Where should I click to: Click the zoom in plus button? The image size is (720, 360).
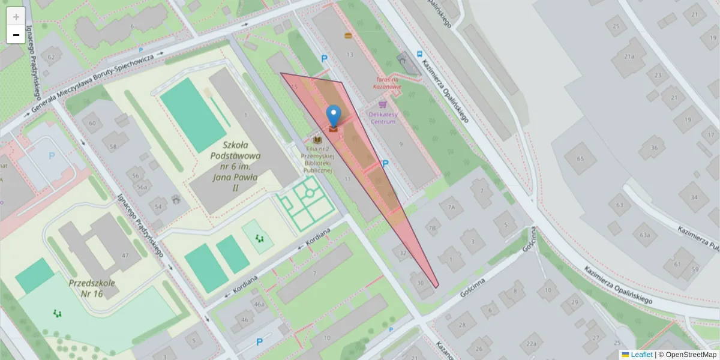click(x=16, y=16)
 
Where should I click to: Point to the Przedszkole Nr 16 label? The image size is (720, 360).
click(x=92, y=289)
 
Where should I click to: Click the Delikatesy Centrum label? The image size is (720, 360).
click(x=383, y=117)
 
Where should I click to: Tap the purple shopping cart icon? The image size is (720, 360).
click(x=383, y=104)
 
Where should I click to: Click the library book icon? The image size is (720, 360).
click(x=317, y=140)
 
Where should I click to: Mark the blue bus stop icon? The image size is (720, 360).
click(x=420, y=52)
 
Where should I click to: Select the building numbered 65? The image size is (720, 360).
click(x=580, y=158)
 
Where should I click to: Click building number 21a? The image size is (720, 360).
click(x=629, y=56)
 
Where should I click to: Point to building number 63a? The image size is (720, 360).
click(x=645, y=234)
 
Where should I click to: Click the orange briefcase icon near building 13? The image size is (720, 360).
click(x=348, y=35)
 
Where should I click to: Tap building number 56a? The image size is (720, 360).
click(x=142, y=187)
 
